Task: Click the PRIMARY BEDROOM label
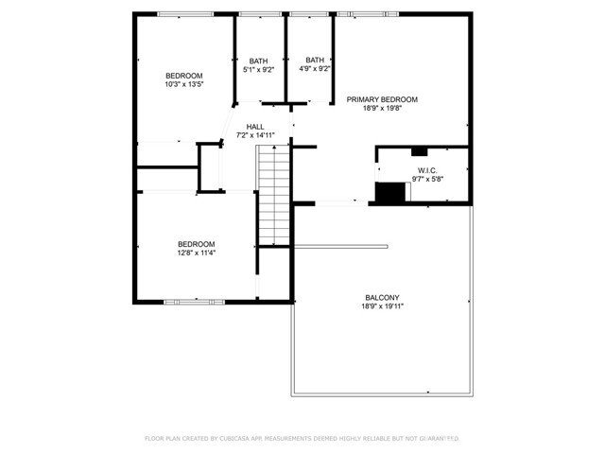pos(382,99)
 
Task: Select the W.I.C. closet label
pos(427,170)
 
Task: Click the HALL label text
pos(255,127)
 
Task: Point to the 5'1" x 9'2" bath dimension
pos(258,70)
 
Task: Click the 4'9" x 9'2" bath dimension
pos(315,69)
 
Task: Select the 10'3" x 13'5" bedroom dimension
pos(184,84)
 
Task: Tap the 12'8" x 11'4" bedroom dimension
pos(196,253)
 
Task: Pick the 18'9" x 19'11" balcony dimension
pos(382,306)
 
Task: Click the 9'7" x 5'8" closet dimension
pos(427,179)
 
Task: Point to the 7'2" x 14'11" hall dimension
pos(255,135)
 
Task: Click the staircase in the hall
pos(274,196)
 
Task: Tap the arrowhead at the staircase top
pos(274,148)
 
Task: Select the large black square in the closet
pos(390,192)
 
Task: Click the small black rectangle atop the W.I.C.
pos(419,151)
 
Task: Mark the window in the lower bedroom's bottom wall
pos(195,302)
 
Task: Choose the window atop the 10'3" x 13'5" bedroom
pos(185,14)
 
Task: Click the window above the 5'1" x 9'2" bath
pos(260,14)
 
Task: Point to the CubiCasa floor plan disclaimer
pos(302,439)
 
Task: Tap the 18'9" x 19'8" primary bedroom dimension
pos(382,109)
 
